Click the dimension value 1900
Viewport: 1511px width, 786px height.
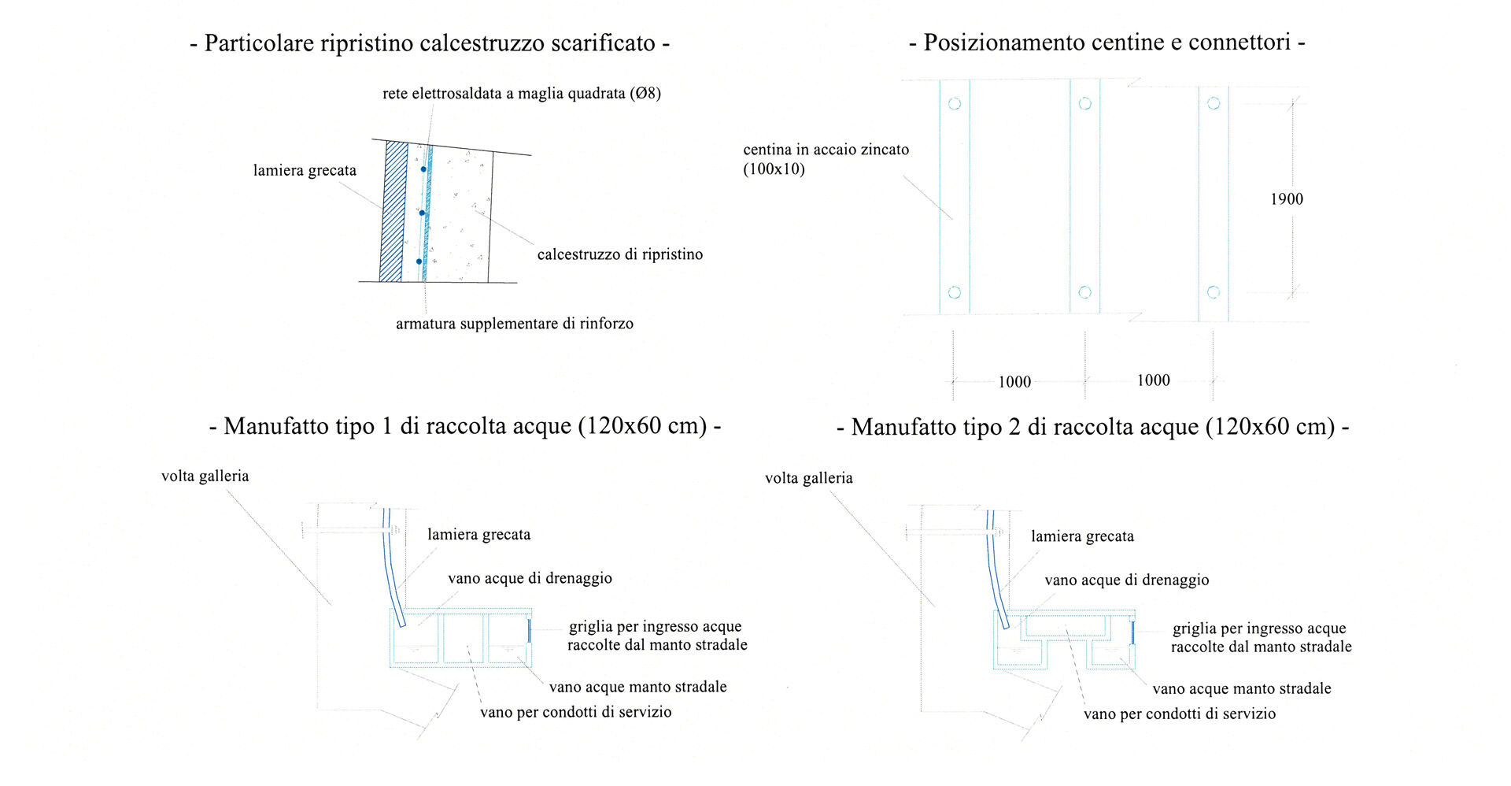(x=1287, y=199)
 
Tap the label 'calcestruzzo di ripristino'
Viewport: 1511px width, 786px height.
(x=620, y=254)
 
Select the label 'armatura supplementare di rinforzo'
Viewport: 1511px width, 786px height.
(x=515, y=324)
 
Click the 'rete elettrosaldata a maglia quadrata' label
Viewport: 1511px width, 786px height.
(x=504, y=94)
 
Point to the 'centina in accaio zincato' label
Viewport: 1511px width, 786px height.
(x=826, y=150)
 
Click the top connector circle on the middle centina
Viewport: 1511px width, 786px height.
(x=1084, y=103)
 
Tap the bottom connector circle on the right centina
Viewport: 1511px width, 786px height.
(x=1214, y=292)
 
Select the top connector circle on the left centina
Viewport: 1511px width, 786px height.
(x=955, y=103)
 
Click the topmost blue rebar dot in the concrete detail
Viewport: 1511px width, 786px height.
(x=423, y=169)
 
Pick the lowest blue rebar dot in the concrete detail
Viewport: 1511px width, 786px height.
(x=419, y=261)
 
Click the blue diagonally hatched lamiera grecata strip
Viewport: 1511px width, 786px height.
(x=393, y=212)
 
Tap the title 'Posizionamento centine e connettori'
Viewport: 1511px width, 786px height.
(x=1107, y=42)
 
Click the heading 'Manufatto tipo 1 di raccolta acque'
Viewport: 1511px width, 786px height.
(x=466, y=426)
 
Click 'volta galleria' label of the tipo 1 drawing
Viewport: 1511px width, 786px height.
(x=205, y=476)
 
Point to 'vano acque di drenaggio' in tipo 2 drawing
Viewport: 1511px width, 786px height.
(x=1127, y=580)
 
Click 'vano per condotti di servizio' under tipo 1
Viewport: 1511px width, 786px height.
(x=576, y=712)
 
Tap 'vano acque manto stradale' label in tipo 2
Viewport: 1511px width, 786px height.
(x=1242, y=688)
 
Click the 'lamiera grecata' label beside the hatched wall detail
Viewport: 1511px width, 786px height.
(x=305, y=171)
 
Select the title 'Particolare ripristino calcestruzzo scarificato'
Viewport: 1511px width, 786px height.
(x=430, y=43)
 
